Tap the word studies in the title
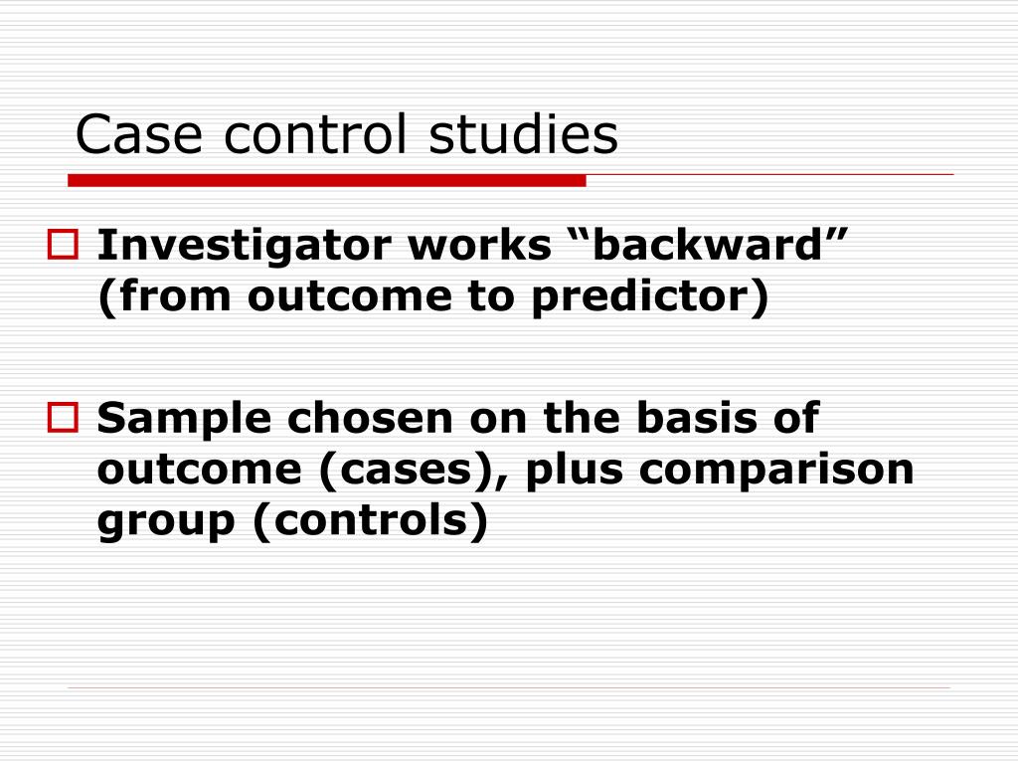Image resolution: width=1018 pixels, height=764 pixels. (x=523, y=135)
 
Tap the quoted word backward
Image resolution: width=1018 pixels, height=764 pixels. (x=712, y=245)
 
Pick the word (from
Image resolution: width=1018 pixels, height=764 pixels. (x=166, y=297)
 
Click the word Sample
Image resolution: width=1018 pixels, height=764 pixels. (x=185, y=419)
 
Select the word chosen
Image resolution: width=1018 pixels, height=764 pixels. (x=371, y=418)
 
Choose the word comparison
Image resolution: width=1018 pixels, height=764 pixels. (x=776, y=470)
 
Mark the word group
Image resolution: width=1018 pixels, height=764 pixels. (x=166, y=522)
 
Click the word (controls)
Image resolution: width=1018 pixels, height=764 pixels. (x=371, y=521)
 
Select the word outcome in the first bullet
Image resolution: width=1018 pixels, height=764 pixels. (x=336, y=297)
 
